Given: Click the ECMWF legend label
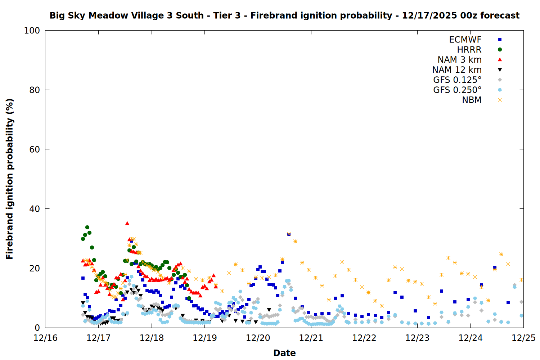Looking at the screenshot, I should tap(465, 40).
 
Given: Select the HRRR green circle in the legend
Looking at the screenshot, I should tap(500, 50).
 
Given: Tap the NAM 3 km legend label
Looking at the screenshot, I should tap(459, 60).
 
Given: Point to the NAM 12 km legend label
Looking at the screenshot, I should tap(457, 70).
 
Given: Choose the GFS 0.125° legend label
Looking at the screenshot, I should tap(457, 80).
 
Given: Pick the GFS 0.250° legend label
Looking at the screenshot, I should tap(457, 90).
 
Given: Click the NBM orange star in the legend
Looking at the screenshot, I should tap(500, 100).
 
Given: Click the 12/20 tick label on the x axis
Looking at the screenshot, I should tap(258, 338).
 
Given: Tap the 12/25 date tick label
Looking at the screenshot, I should tap(523, 338).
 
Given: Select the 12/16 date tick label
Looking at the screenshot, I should tap(45, 338).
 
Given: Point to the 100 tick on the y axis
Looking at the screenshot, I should tap(32, 31).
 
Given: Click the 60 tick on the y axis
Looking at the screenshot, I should tap(35, 149).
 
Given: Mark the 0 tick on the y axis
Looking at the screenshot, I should tap(37, 328).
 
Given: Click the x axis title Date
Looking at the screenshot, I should tap(284, 353).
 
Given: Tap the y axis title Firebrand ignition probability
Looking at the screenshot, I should tap(10, 179).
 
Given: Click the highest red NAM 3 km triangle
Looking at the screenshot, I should tap(127, 223).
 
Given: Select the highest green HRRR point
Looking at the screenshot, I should tap(87, 227).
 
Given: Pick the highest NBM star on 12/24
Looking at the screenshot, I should tap(501, 254).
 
